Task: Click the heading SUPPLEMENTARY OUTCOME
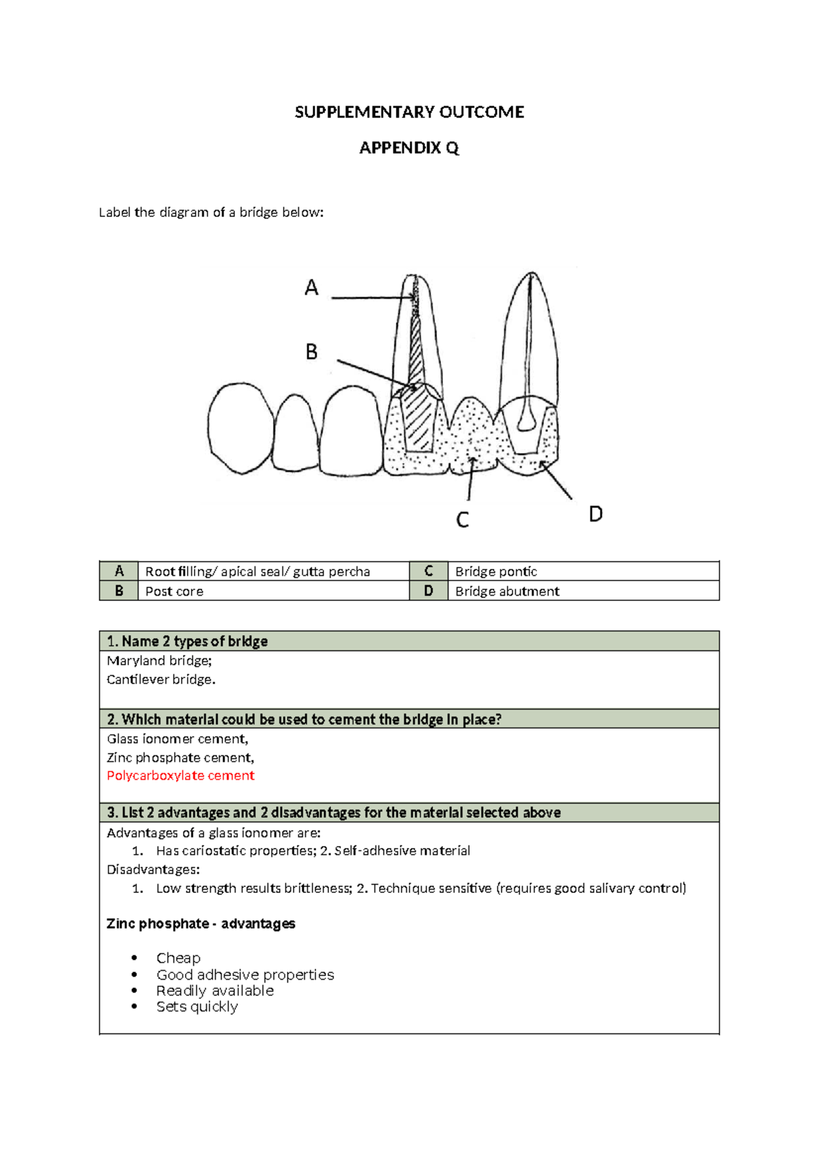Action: pos(409,113)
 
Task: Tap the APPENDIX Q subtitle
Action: pos(409,148)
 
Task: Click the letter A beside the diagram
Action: pos(311,288)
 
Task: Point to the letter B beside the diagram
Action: pos(311,352)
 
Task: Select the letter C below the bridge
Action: pos(462,520)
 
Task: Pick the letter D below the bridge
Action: pos(595,514)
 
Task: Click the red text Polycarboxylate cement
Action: pos(181,776)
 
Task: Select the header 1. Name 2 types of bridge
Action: pos(188,641)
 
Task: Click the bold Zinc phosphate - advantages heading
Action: pos(201,924)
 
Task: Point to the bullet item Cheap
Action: pos(178,958)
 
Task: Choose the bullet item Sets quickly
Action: pos(197,1007)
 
